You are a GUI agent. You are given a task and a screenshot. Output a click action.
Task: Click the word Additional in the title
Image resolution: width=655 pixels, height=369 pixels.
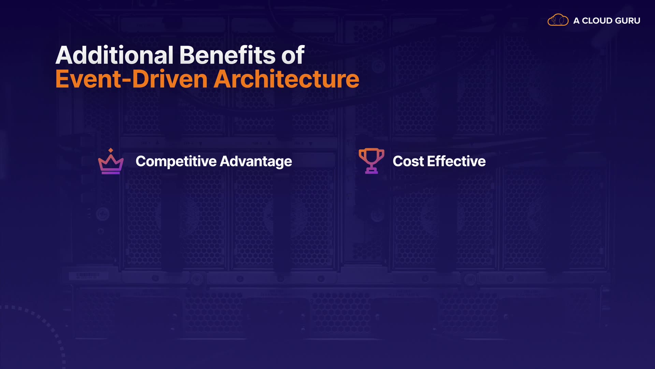coord(115,55)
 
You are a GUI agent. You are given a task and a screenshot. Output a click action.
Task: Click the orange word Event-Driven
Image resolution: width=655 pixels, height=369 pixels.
coord(131,79)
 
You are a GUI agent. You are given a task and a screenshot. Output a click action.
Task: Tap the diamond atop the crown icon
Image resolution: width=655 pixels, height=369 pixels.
coord(111,150)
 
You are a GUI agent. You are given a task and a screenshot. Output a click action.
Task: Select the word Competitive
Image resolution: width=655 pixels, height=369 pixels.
coord(176,162)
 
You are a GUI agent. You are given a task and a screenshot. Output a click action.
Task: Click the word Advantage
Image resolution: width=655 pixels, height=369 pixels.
coord(256,162)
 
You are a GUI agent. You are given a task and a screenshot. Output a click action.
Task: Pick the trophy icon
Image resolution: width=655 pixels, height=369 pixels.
coord(372,161)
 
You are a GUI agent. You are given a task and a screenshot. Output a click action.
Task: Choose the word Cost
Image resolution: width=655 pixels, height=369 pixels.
coord(408,161)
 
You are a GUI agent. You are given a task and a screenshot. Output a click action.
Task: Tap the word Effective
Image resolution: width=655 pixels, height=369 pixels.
coord(456,161)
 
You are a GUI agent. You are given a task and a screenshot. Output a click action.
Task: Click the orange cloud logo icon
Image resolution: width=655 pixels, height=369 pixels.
coord(558,20)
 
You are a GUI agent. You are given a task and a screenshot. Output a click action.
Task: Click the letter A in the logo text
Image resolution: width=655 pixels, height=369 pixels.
coord(577,21)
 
